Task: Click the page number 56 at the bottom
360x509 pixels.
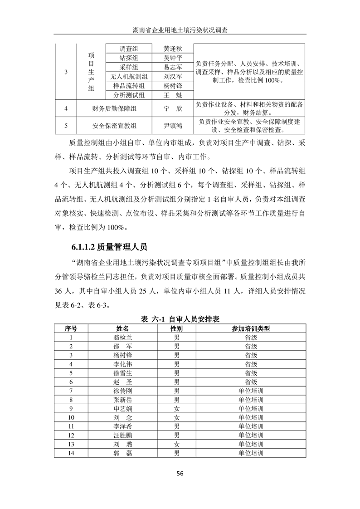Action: [180, 474]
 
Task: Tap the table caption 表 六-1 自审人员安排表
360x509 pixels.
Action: [180, 319]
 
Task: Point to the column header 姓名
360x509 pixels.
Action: [123, 328]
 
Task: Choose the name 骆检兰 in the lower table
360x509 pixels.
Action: [123, 338]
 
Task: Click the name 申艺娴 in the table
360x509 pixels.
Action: [123, 408]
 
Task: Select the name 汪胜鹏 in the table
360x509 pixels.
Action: [123, 436]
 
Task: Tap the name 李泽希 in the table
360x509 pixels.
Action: [123, 426]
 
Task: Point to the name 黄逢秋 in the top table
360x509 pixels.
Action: [172, 49]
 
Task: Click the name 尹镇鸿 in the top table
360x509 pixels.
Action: [172, 126]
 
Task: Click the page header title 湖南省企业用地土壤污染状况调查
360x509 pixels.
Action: [180, 29]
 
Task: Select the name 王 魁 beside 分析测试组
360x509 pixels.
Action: [172, 95]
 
